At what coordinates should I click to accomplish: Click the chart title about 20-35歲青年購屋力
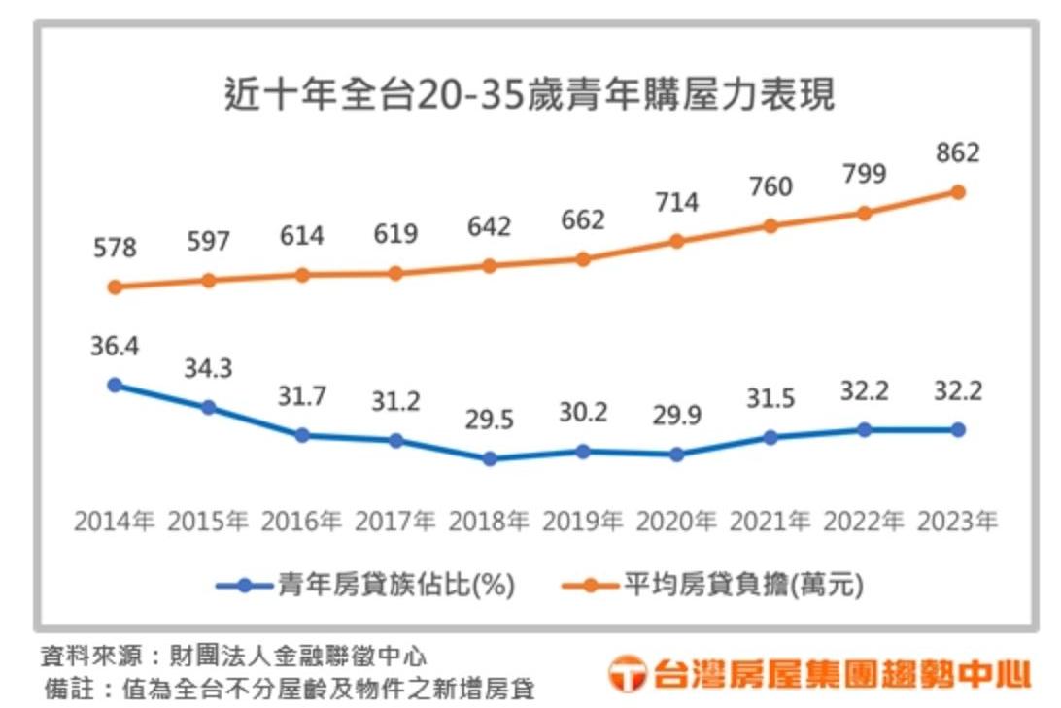click(530, 97)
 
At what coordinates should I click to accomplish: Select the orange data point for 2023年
click(958, 192)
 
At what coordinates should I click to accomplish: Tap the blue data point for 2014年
click(115, 385)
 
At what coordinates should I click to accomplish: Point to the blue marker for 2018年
click(490, 458)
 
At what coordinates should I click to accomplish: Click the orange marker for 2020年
click(677, 241)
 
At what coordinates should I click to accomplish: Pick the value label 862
click(957, 153)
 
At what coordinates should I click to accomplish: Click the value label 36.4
click(115, 347)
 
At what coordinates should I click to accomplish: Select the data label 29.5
click(490, 421)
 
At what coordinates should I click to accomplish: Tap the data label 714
click(677, 203)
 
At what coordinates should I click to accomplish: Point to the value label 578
click(115, 249)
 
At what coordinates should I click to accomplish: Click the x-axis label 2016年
click(302, 523)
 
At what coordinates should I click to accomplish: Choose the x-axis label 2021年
click(770, 523)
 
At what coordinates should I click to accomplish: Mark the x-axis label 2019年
click(583, 523)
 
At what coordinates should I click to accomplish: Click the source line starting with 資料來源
click(233, 655)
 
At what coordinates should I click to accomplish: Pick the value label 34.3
click(208, 369)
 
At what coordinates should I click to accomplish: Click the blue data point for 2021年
click(770, 438)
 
